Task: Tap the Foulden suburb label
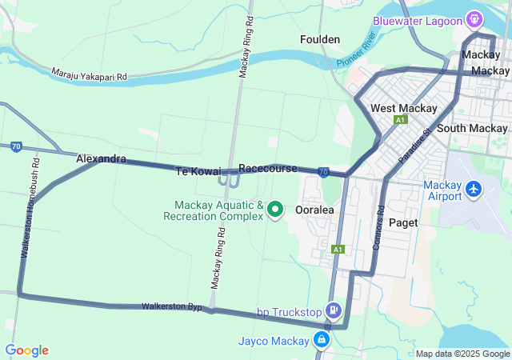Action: (320, 39)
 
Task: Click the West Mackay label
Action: (404, 108)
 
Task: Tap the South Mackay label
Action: (473, 128)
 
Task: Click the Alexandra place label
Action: (101, 159)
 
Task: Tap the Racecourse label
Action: (268, 169)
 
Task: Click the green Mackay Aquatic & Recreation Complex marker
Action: (276, 210)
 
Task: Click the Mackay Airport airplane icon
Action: (474, 190)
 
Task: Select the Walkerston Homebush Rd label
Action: (30, 206)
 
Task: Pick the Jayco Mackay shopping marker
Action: (322, 340)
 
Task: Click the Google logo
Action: (26, 350)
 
